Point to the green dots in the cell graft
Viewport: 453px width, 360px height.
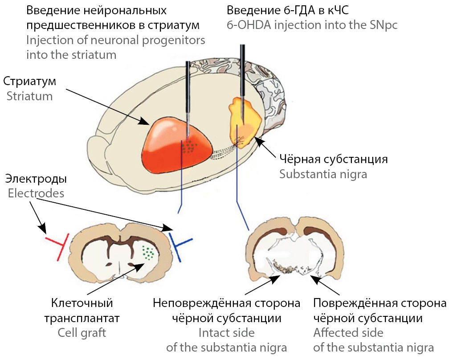click(148, 253)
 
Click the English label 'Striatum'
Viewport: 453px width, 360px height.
click(29, 96)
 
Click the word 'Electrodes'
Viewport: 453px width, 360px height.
click(36, 193)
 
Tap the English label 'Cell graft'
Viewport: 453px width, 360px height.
click(82, 332)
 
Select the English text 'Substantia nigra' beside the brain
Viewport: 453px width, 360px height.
click(323, 174)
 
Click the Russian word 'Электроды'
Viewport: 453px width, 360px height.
click(36, 179)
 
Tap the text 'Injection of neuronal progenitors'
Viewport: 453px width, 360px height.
click(115, 40)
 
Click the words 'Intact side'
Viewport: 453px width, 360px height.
click(226, 332)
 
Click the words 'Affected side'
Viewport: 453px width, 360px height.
click(348, 332)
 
